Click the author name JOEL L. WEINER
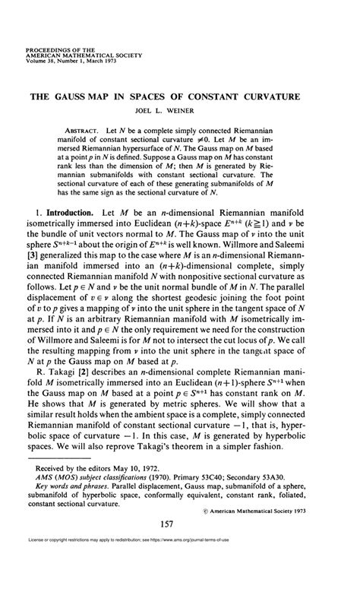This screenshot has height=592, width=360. [179, 112]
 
